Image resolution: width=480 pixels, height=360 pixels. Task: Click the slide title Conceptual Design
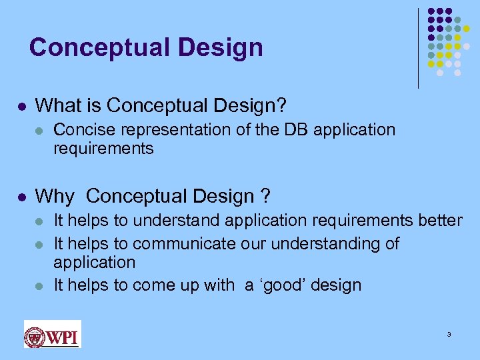[x=146, y=47]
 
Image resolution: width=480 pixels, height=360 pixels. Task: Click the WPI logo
[x=52, y=334]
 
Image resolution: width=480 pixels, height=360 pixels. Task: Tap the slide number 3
[x=449, y=334]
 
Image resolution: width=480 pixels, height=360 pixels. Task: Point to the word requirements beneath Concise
[x=103, y=148]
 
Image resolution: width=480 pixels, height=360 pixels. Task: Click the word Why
[x=55, y=196]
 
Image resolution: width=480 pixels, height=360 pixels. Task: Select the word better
[x=438, y=220]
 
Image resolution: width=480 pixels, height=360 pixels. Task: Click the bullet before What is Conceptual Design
[x=22, y=106]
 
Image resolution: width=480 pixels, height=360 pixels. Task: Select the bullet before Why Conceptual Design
[x=22, y=197]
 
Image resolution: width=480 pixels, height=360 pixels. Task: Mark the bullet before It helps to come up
[x=41, y=286]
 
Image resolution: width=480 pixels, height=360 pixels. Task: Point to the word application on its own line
[x=94, y=262]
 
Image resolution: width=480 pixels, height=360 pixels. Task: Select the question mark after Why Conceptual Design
[x=265, y=196]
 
